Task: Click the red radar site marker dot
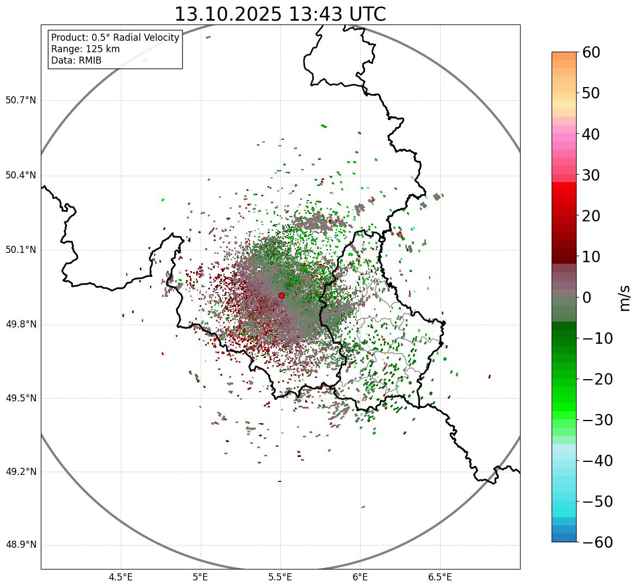click(x=281, y=295)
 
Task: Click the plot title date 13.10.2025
click(x=228, y=14)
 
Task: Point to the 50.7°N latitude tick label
click(x=21, y=100)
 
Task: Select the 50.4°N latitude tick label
click(x=21, y=175)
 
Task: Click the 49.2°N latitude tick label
click(x=21, y=471)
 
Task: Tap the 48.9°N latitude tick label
click(x=21, y=544)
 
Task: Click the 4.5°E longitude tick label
click(x=121, y=577)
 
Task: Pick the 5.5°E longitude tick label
click(x=280, y=577)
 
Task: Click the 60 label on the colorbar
click(x=591, y=52)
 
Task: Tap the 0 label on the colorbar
click(x=587, y=298)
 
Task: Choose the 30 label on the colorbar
click(x=591, y=175)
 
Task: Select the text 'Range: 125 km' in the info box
click(x=85, y=49)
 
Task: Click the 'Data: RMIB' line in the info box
click(x=76, y=60)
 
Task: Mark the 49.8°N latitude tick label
click(x=21, y=324)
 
